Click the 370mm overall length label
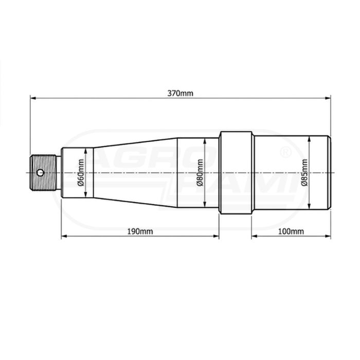click(180, 94)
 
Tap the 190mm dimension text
click(140, 231)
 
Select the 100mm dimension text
click(291, 231)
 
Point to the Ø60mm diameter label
click(81, 172)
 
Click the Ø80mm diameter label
click(200, 172)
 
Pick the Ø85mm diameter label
click(304, 172)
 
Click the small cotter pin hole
click(41, 172)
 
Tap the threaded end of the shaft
click(43, 173)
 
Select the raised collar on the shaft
click(236, 173)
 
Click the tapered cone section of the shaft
click(135, 173)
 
